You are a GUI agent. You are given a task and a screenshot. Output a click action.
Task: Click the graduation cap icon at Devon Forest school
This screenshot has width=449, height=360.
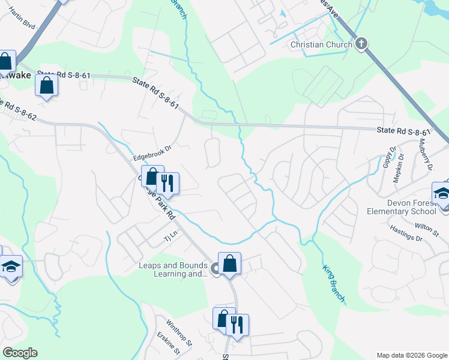[x=441, y=194]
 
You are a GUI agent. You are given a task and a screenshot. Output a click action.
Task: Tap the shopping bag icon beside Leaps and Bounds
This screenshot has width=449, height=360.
[x=229, y=263]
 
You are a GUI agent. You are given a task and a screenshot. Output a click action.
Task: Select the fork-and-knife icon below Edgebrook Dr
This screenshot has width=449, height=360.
[x=168, y=183]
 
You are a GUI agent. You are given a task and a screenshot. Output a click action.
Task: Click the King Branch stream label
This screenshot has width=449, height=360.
[x=334, y=284]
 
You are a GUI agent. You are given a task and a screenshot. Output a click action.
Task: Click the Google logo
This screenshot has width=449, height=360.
[x=20, y=352]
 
